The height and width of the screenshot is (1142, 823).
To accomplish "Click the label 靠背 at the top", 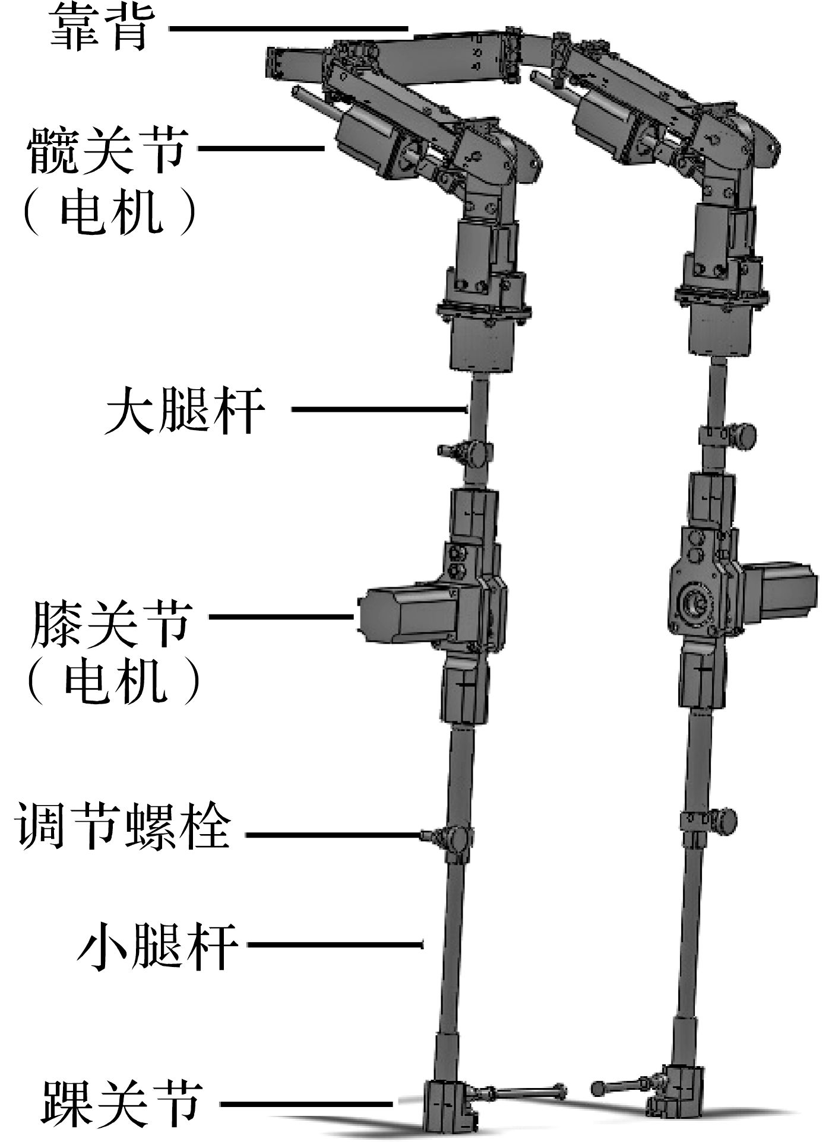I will (98, 30).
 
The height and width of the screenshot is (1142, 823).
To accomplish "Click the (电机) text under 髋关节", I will (109, 215).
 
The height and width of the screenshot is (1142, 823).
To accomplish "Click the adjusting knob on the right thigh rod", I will (743, 435).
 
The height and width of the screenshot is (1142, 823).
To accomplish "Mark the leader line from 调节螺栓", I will (333, 835).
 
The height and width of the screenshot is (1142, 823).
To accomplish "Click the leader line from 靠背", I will (288, 28).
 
